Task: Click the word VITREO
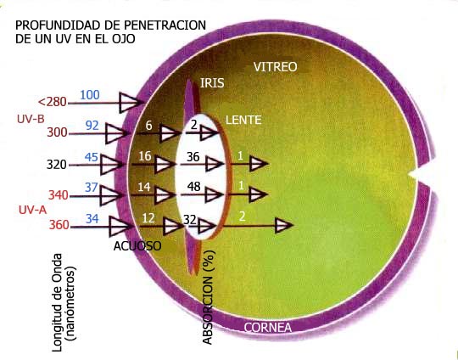[x=275, y=67]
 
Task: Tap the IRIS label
[x=212, y=83]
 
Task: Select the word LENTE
[x=243, y=121]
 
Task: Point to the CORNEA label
[x=267, y=328]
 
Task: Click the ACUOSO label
[x=137, y=246]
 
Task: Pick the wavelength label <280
[x=53, y=102]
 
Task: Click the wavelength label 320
[x=57, y=165]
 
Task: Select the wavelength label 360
[x=59, y=225]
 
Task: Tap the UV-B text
[x=31, y=119]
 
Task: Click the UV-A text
[x=33, y=210]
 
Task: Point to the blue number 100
[x=90, y=95]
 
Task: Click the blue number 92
[x=92, y=126]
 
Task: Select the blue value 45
[x=92, y=157]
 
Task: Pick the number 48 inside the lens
[x=194, y=186]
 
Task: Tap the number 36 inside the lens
[x=193, y=157]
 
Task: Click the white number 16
[x=145, y=156]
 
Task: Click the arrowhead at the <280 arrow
[x=131, y=103]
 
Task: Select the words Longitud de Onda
[x=57, y=302]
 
